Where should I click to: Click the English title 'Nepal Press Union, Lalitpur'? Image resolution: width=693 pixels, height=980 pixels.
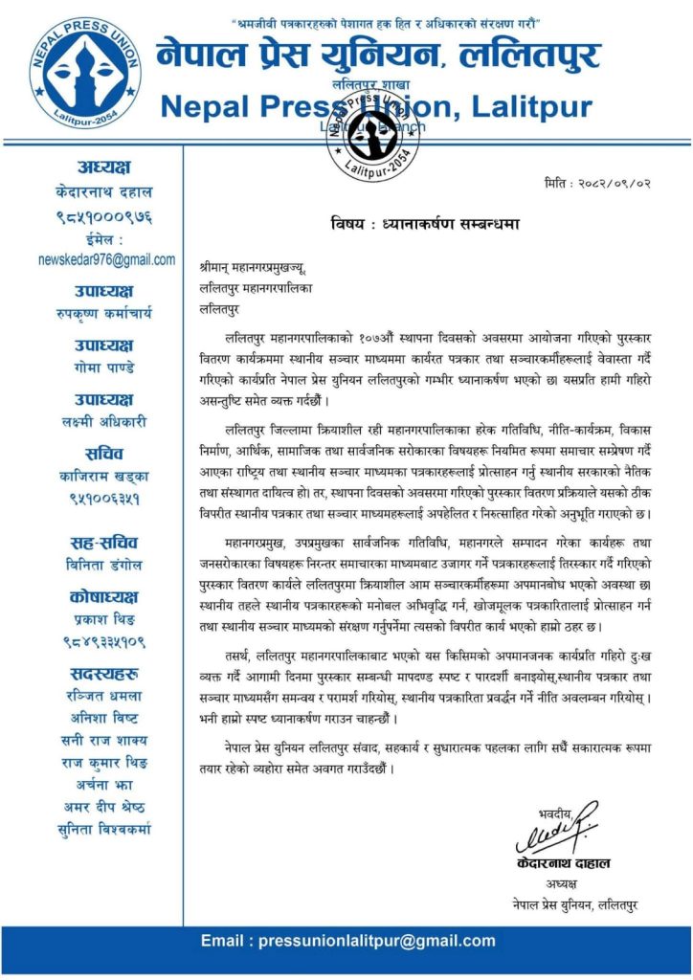364,107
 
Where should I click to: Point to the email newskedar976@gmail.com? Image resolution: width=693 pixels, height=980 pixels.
106,259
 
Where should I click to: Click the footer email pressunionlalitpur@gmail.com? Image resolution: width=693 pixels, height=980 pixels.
346,941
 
